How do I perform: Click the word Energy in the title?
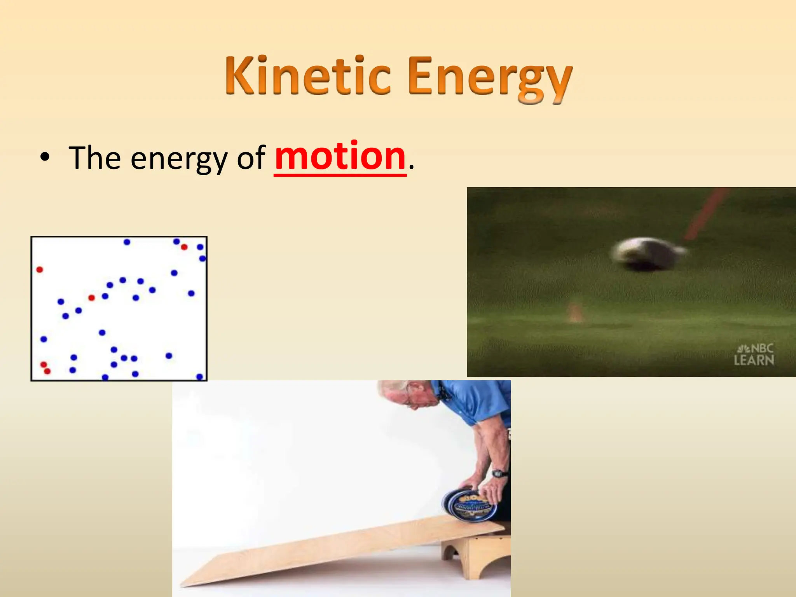click(x=490, y=78)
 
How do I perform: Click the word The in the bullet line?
click(x=94, y=158)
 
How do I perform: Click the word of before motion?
click(x=251, y=158)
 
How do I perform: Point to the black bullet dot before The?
click(x=45, y=158)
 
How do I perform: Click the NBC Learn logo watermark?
click(x=754, y=354)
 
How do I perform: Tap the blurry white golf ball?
click(x=645, y=253)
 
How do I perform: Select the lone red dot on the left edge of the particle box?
click(x=40, y=269)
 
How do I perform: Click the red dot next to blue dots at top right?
click(x=184, y=247)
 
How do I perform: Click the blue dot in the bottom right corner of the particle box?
click(x=199, y=376)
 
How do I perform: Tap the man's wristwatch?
click(x=499, y=473)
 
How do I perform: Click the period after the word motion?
click(x=412, y=168)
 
